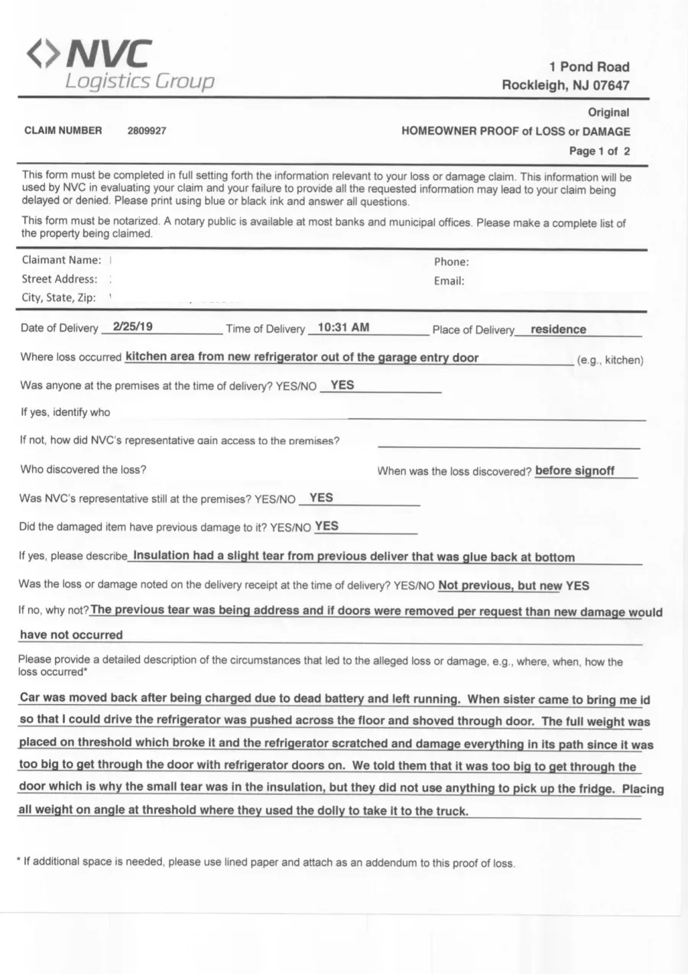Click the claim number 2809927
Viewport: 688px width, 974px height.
(x=147, y=131)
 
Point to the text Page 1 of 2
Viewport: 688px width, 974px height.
(x=599, y=151)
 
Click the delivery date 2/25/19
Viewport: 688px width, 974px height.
(x=132, y=326)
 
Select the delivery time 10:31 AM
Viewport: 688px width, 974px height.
(x=343, y=327)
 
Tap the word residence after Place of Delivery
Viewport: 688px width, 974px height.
(x=558, y=330)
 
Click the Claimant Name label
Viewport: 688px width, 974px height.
(x=61, y=260)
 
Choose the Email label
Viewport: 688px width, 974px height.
(x=449, y=281)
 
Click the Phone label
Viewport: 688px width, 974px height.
(x=451, y=261)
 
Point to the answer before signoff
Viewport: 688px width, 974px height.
(x=575, y=471)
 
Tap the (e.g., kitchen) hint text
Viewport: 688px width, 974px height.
(x=611, y=360)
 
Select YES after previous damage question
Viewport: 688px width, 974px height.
(x=326, y=526)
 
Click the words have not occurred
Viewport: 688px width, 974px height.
(x=70, y=635)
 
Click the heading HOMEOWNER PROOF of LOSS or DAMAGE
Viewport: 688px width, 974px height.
(x=516, y=131)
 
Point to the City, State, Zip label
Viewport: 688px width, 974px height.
(x=58, y=297)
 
